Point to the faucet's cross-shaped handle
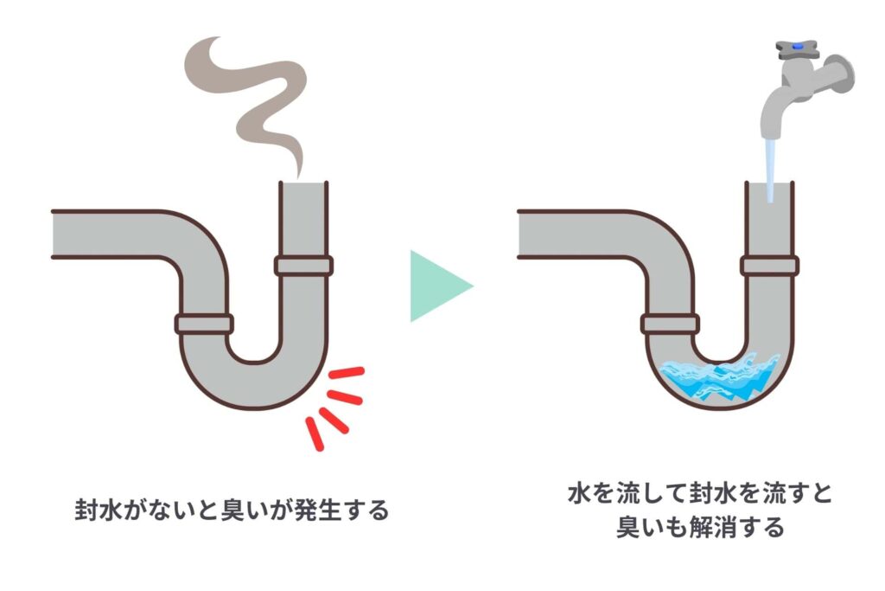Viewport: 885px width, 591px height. [796, 50]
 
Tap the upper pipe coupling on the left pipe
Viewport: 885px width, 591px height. [303, 266]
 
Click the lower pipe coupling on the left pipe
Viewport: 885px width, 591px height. [204, 324]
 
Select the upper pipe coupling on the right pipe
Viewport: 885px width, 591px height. [769, 266]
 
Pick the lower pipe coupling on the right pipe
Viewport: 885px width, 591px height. [670, 324]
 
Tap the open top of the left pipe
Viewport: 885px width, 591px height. [303, 183]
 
